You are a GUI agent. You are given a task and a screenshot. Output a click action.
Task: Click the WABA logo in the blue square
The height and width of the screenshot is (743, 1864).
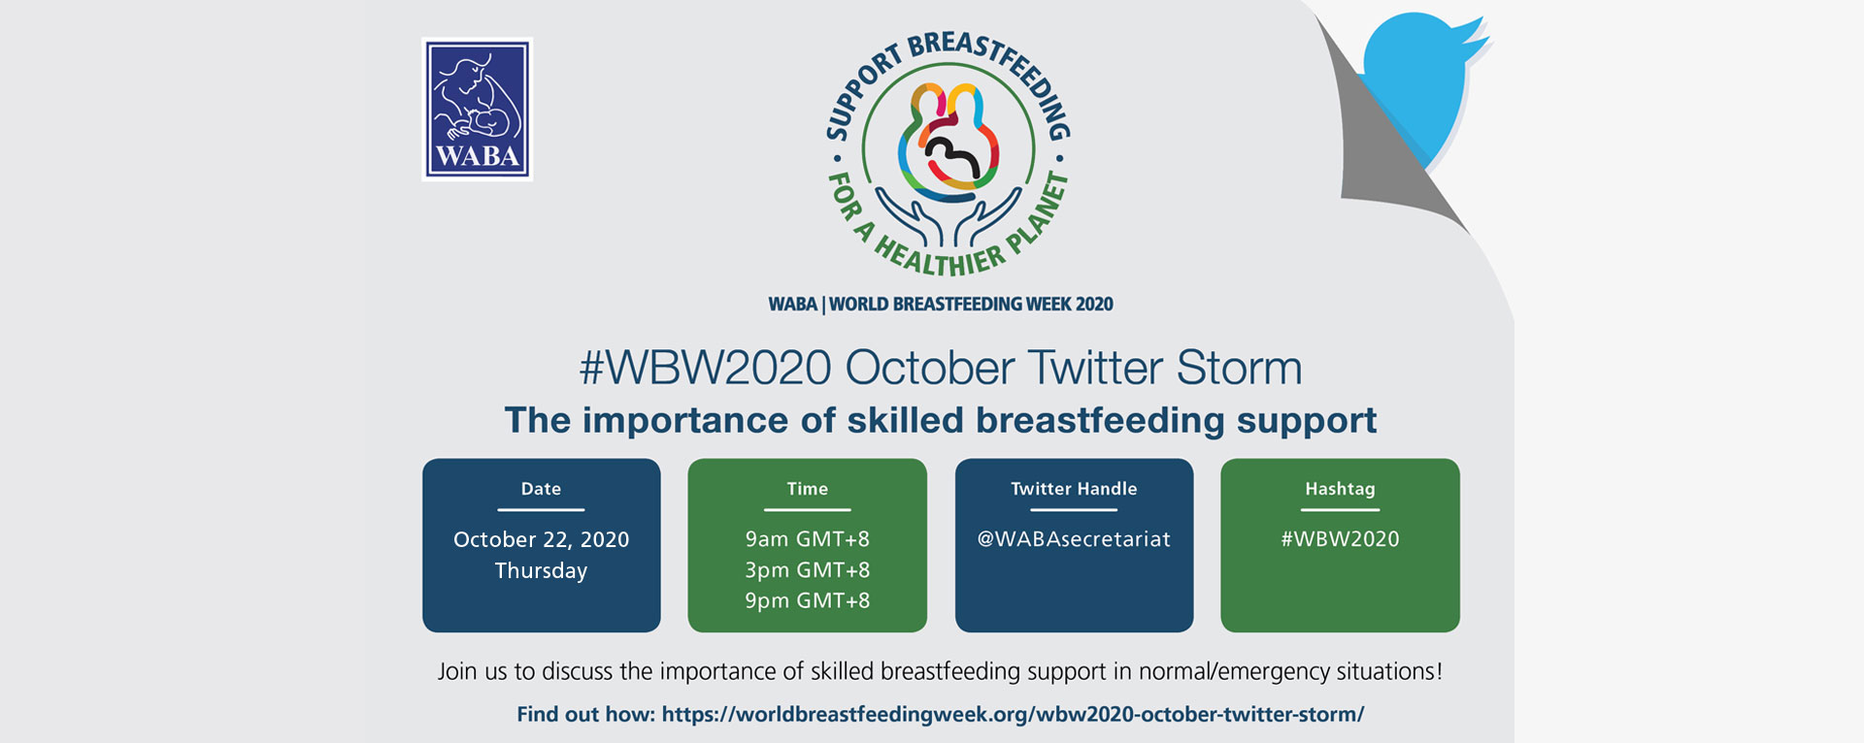coord(477,109)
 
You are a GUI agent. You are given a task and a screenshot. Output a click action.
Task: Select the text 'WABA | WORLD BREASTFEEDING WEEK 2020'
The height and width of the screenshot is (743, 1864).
coord(941,304)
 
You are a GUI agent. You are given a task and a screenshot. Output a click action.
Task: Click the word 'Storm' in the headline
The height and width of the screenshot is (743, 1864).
coord(1239,368)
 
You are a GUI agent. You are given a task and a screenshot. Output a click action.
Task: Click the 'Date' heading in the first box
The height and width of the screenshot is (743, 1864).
coord(541,489)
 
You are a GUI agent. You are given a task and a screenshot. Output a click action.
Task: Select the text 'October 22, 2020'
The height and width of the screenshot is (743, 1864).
coord(541,539)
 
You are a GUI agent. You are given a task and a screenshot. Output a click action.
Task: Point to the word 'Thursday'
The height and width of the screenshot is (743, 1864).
coord(541,570)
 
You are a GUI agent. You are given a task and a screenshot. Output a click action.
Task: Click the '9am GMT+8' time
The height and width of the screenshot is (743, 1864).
coord(807,539)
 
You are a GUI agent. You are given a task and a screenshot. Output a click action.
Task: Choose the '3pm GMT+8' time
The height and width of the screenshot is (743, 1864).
coord(807,570)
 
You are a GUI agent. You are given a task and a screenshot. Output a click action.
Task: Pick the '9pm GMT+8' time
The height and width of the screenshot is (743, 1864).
coord(807,600)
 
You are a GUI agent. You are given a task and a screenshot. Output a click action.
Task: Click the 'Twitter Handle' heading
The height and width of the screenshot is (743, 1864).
coord(1074,489)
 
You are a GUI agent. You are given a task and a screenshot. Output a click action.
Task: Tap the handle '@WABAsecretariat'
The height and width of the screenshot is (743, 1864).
coord(1074,539)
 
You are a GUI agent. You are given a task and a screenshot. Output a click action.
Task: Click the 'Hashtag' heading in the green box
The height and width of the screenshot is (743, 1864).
coord(1340,489)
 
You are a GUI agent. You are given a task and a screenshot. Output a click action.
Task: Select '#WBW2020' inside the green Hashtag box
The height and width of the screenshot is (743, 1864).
coord(1340,539)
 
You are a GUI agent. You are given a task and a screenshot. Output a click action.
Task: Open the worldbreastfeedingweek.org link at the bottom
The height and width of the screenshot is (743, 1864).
coord(1013,715)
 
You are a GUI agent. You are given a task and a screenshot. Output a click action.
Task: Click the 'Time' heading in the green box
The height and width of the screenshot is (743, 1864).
coord(807,489)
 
